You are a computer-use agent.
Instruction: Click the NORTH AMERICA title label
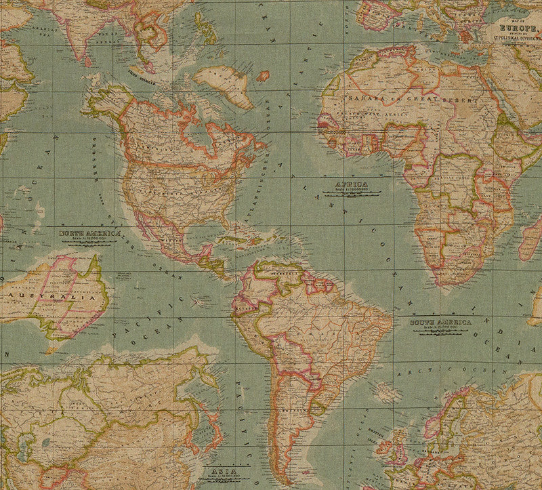[89, 233]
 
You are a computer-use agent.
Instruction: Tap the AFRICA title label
[350, 184]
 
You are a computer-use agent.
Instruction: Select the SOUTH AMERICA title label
[440, 323]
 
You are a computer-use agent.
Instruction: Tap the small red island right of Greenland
[263, 75]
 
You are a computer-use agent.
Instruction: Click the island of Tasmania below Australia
[49, 350]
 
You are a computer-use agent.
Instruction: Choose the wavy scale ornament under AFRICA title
[351, 194]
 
